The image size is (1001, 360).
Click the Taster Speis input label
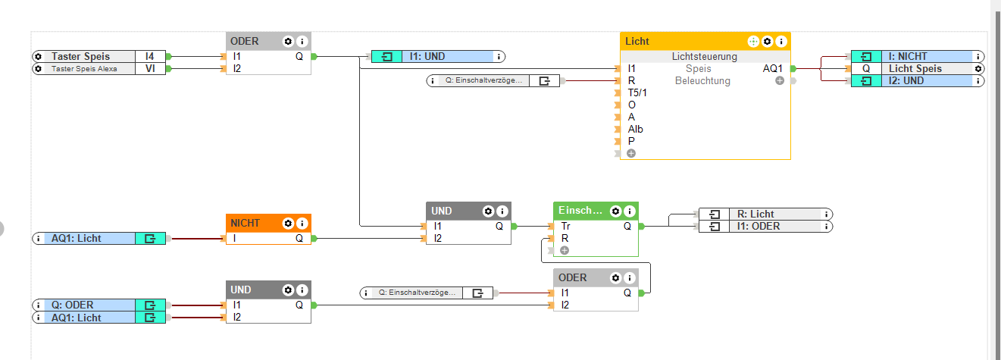(80, 56)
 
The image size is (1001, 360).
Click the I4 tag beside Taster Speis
(150, 56)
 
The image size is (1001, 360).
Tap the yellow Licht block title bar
(682, 41)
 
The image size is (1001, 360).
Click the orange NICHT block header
(250, 223)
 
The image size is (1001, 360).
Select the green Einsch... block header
(580, 211)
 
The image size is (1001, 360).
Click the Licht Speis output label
(915, 68)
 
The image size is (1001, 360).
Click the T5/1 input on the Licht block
(638, 92)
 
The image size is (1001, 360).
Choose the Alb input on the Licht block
(636, 129)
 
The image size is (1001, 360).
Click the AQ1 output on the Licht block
(774, 68)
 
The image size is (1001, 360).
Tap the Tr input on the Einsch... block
(566, 226)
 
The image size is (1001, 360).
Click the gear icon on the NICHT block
(288, 224)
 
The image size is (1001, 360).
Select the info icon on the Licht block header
(781, 41)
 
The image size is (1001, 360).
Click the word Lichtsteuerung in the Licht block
(704, 56)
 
